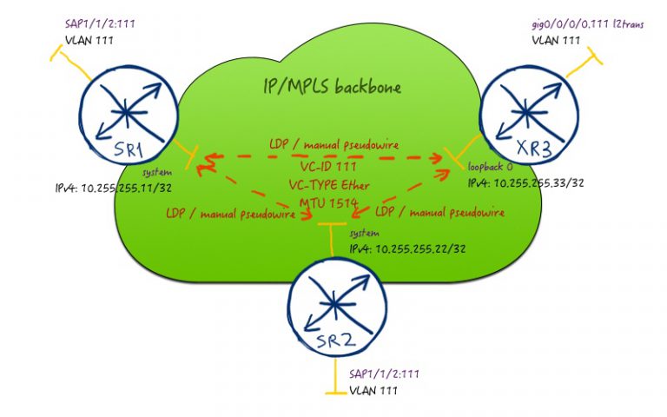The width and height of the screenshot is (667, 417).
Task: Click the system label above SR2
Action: pos(363,235)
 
